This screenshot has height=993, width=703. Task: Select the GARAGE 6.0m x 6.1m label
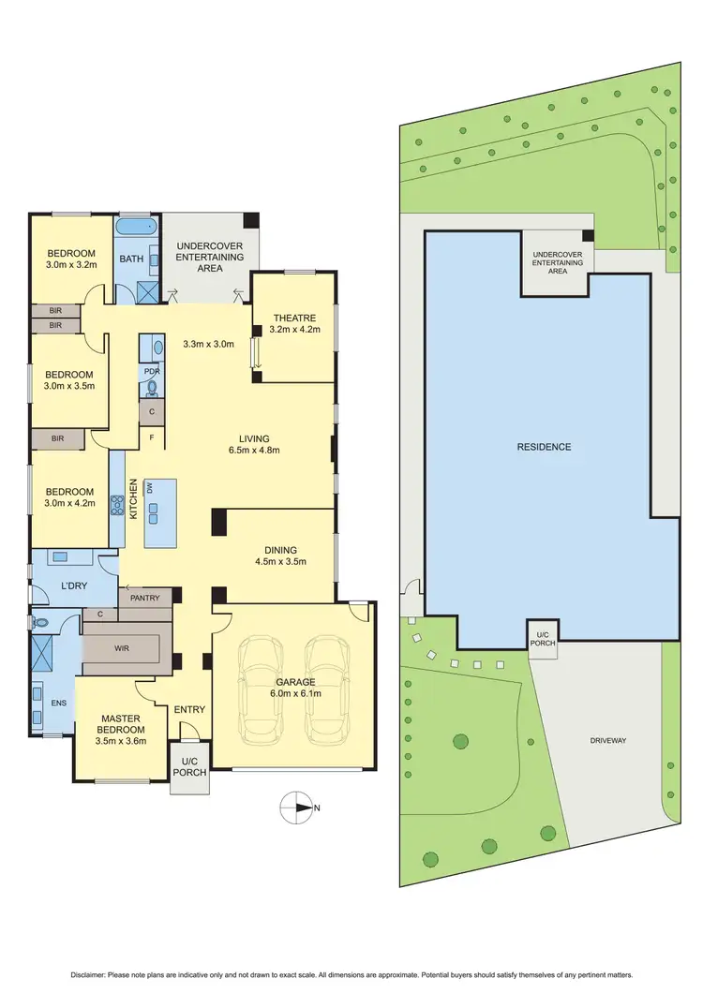click(295, 689)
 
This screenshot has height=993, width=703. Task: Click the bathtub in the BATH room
click(137, 228)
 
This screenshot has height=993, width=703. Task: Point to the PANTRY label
click(145, 598)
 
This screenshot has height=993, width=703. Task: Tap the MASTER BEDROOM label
click(122, 724)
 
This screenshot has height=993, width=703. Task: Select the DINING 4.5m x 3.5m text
click(280, 556)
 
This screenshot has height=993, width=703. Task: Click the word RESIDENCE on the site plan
click(544, 447)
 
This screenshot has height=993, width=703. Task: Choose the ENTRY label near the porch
click(189, 710)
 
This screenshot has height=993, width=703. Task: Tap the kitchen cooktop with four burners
click(118, 507)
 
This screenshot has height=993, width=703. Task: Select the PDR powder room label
click(152, 371)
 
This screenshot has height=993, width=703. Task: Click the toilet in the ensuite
click(40, 622)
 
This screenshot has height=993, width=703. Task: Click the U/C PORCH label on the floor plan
click(188, 767)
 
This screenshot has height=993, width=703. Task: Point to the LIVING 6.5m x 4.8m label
click(254, 444)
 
